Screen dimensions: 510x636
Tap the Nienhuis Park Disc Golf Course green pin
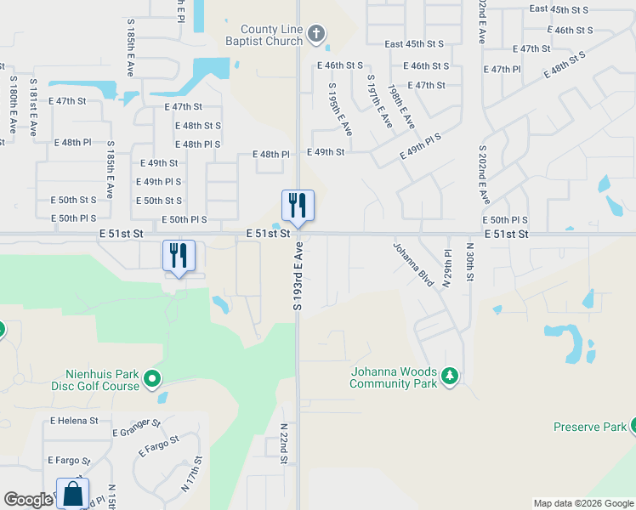point(152,378)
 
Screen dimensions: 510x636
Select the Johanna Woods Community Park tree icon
point(449,376)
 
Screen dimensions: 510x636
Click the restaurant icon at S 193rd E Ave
point(298,205)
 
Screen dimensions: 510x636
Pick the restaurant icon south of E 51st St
point(179,255)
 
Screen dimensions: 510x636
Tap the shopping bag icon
point(73,493)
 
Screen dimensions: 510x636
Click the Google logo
point(28,500)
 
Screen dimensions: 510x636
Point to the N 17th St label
point(191,477)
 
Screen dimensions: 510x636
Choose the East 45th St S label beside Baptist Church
point(414,43)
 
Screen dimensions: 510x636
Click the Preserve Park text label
point(589,427)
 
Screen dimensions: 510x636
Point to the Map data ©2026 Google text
point(582,503)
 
